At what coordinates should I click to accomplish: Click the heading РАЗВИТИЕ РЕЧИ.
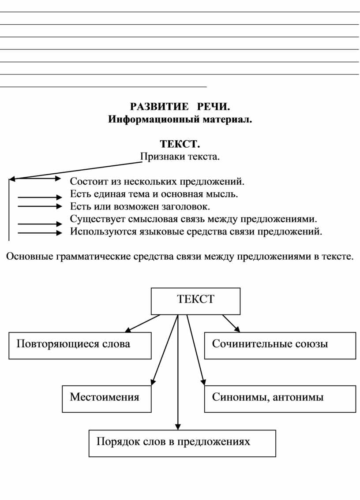point(180,107)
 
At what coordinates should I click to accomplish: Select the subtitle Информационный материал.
point(180,119)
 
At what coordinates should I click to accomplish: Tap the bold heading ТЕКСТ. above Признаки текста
point(180,144)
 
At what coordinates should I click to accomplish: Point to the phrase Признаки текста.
point(180,157)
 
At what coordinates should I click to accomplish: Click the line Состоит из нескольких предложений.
point(157,182)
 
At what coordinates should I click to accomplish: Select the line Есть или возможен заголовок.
point(140,207)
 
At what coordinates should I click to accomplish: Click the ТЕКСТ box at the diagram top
point(195,301)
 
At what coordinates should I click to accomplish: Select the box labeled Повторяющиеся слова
point(80,346)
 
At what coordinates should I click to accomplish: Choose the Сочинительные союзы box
point(280,346)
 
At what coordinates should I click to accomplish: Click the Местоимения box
point(107,399)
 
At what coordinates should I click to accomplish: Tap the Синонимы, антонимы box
point(280,399)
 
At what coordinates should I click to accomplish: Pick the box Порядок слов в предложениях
point(182,443)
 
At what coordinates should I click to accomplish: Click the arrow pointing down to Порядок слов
point(178,372)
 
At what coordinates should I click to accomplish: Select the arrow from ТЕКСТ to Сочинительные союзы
point(231,323)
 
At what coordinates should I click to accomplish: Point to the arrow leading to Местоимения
point(165,350)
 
